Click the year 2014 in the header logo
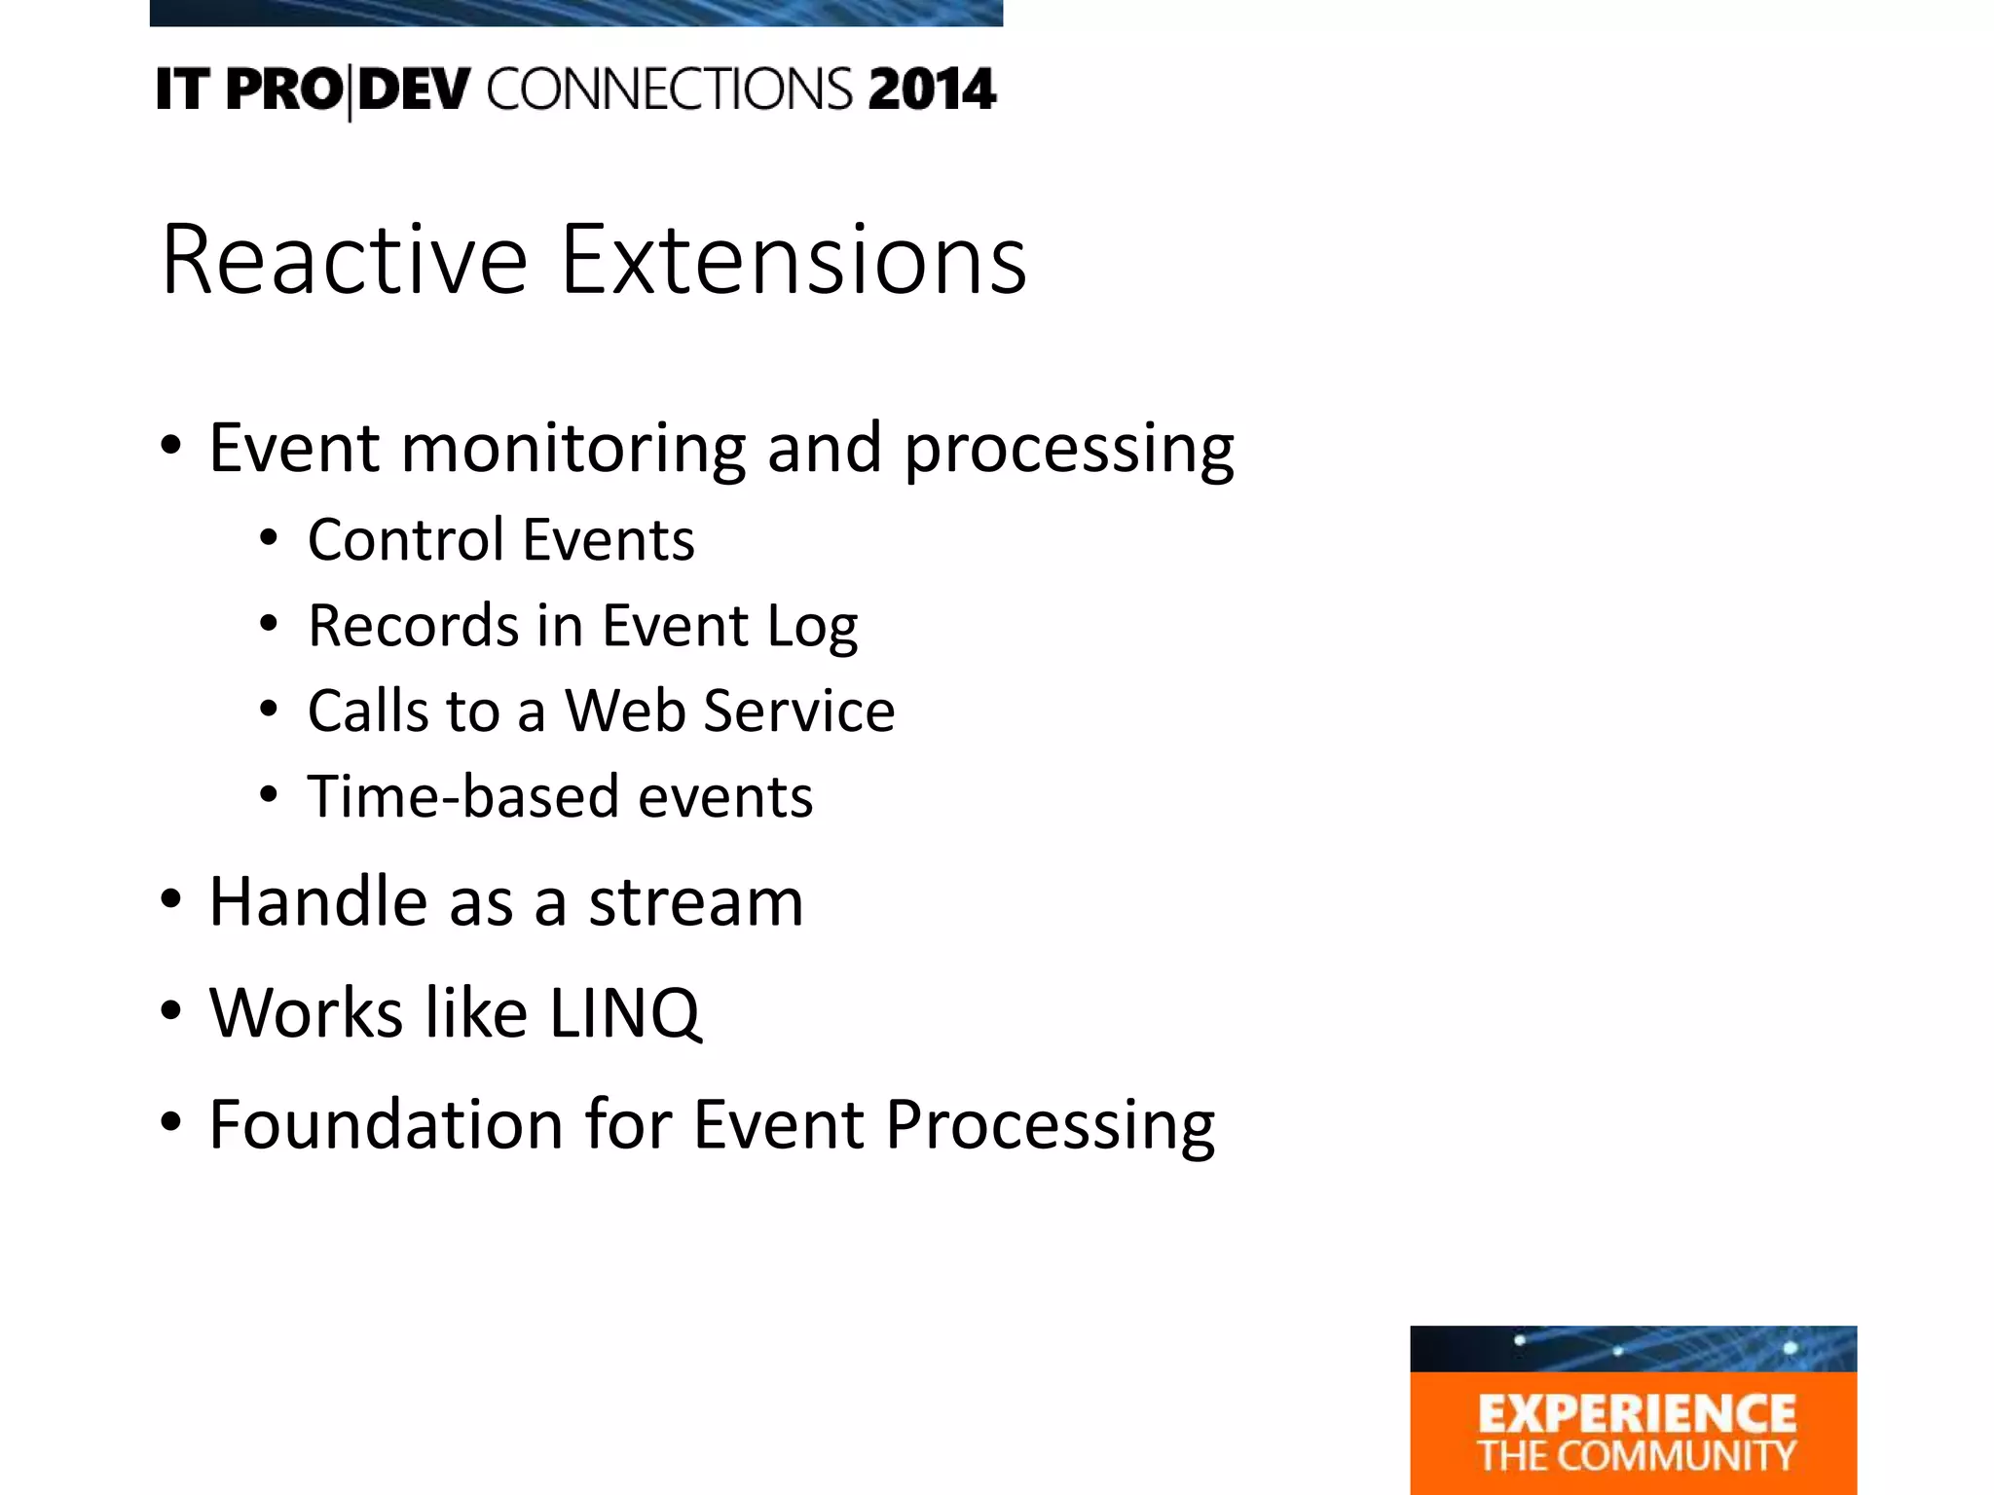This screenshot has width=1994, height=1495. point(932,90)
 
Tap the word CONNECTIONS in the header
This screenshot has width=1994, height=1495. point(670,90)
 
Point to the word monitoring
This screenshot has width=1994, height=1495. point(572,450)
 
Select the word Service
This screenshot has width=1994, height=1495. point(799,711)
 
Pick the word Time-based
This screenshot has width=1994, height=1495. point(463,796)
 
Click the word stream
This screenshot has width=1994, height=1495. point(696,901)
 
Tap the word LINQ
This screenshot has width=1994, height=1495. point(625,1014)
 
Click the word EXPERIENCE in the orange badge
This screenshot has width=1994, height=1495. point(1637,1413)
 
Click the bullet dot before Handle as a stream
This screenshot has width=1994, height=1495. point(171,901)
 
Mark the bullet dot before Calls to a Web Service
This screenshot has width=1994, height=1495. point(269,711)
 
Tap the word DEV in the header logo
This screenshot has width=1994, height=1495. point(414,90)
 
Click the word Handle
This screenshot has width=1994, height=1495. point(318,901)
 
